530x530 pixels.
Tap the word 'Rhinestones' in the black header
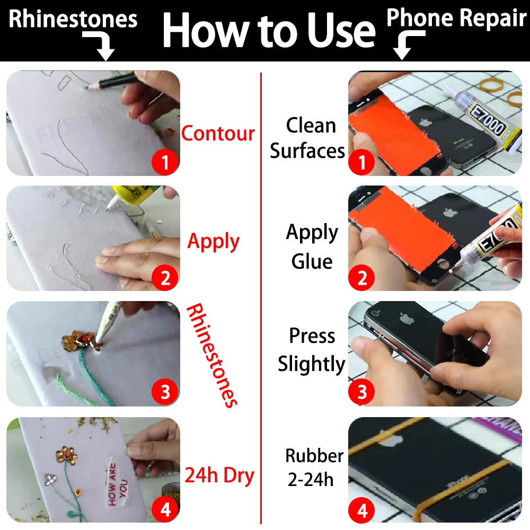pos(73,20)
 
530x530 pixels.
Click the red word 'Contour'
pos(218,133)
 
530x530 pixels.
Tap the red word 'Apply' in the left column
pos(214,242)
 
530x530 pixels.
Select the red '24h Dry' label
pos(219,475)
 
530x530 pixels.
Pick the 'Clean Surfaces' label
pos(308,138)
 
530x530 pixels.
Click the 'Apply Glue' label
pos(312,247)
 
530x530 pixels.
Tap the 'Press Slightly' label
pos(312,350)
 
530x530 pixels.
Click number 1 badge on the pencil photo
pos(165,162)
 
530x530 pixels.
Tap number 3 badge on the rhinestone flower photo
pos(165,393)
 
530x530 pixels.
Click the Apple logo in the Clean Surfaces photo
pos(425,122)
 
